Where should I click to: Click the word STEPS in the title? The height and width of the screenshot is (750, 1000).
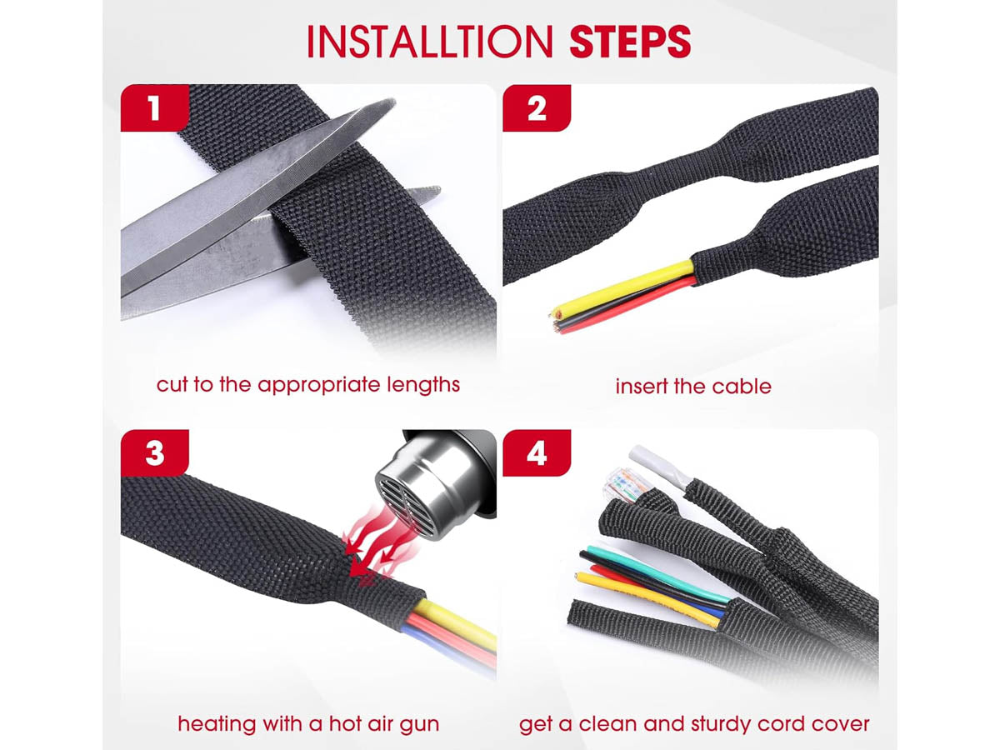[630, 41]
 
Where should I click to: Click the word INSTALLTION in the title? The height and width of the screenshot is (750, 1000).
[430, 41]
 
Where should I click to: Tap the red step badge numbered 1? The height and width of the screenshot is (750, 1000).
[155, 108]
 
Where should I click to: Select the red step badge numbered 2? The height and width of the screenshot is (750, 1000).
[537, 108]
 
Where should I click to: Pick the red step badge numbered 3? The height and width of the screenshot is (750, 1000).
[155, 453]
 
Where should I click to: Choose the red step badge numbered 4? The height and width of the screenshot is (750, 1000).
[537, 453]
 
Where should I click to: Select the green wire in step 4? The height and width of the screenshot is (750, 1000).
[657, 572]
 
